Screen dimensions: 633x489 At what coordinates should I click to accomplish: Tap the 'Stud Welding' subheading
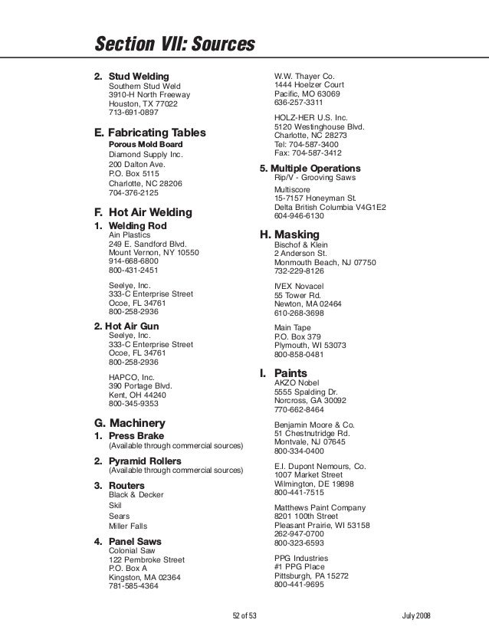coord(139,77)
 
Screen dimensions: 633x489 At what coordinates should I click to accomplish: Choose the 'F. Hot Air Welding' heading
coord(142,212)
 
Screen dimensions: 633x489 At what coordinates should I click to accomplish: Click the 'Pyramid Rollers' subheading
coord(144,461)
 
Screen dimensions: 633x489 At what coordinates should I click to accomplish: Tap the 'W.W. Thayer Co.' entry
coord(304,77)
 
